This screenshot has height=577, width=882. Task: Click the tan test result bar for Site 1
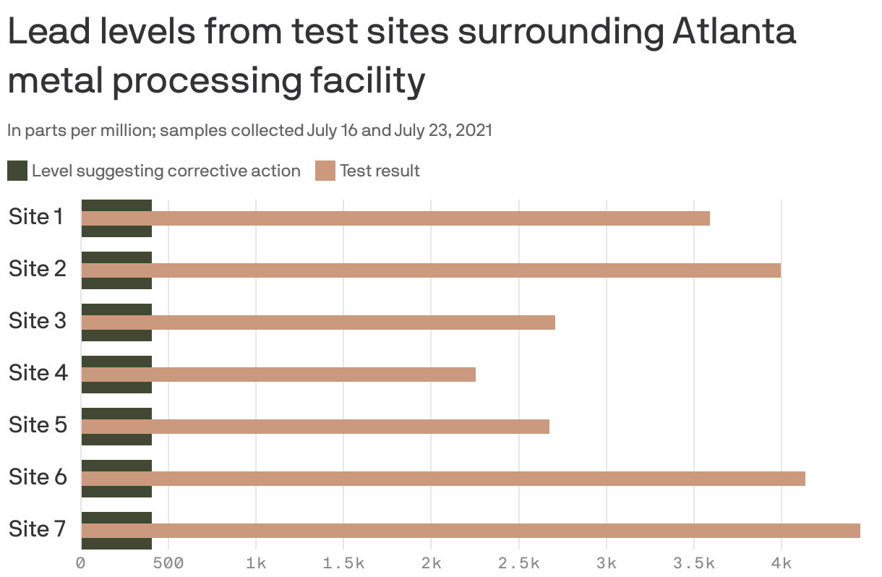click(x=395, y=218)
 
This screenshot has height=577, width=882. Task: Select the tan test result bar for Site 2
click(x=431, y=270)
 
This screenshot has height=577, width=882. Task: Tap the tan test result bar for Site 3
click(x=318, y=322)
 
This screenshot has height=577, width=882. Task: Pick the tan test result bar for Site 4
click(x=278, y=375)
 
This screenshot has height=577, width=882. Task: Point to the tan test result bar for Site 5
click(x=315, y=427)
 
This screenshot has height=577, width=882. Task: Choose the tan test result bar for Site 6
click(x=443, y=479)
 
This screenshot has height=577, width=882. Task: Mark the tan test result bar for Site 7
click(x=471, y=531)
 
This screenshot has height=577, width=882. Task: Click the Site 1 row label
click(x=36, y=217)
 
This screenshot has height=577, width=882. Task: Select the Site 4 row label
click(x=38, y=373)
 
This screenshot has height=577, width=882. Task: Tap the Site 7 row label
click(x=38, y=529)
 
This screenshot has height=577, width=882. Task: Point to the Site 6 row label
click(x=38, y=477)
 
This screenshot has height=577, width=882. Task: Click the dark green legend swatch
click(x=17, y=171)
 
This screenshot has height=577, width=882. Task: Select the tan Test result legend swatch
click(x=325, y=171)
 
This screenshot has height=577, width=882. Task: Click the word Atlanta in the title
click(x=734, y=33)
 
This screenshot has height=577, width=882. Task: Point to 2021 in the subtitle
click(x=474, y=131)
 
